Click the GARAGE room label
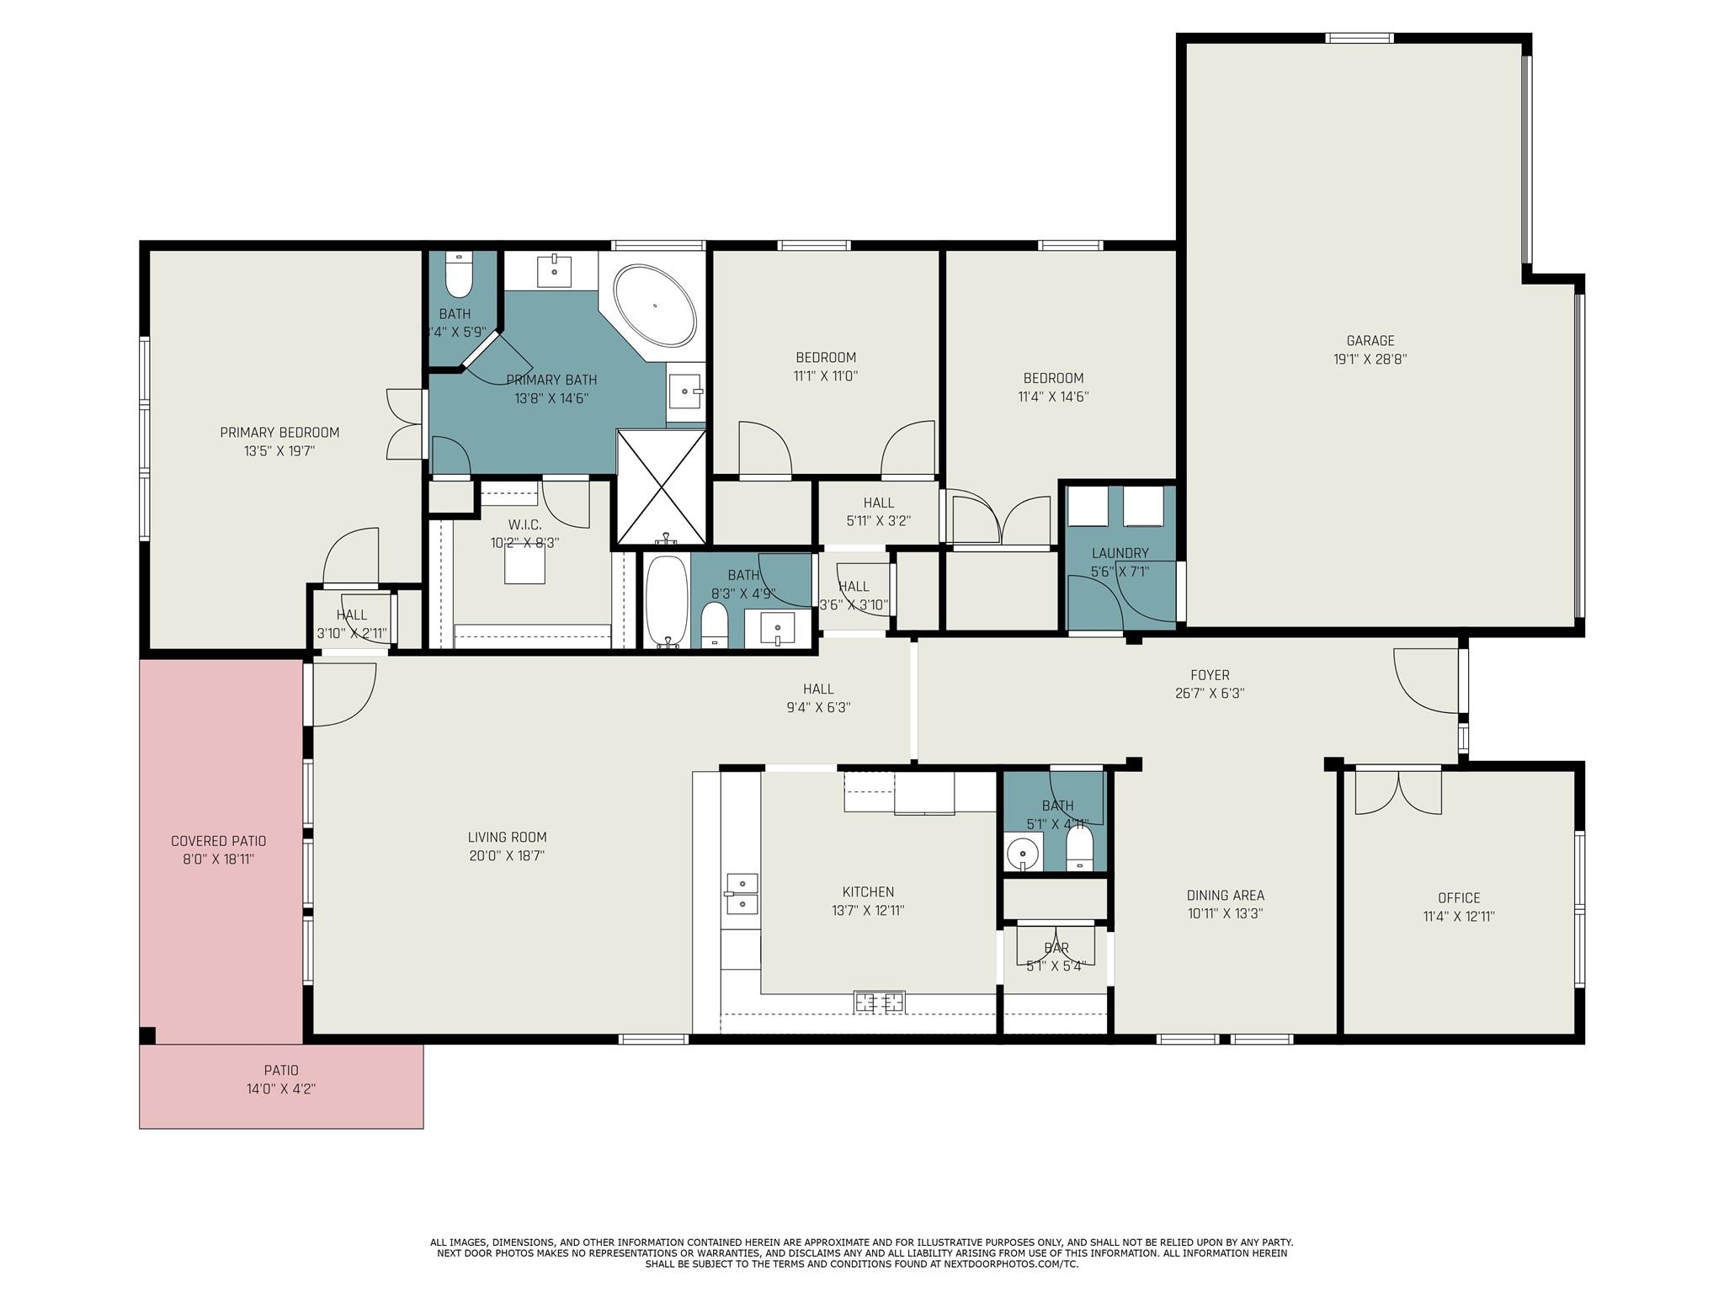point(1370,341)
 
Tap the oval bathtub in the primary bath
point(655,306)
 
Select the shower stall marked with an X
point(662,487)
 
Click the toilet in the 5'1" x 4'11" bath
point(1078,848)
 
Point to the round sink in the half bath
point(1023,853)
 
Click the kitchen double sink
point(742,893)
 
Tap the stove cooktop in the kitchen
point(879,1002)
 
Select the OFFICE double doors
point(1398,791)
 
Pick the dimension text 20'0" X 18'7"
point(507,856)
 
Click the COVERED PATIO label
point(218,841)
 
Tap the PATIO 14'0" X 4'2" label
point(281,1080)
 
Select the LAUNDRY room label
point(1120,553)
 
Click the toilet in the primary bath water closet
point(459,277)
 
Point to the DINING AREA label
point(1225,896)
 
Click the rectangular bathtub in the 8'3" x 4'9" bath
point(667,601)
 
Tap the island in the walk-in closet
point(524,566)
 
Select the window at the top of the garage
point(1359,38)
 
